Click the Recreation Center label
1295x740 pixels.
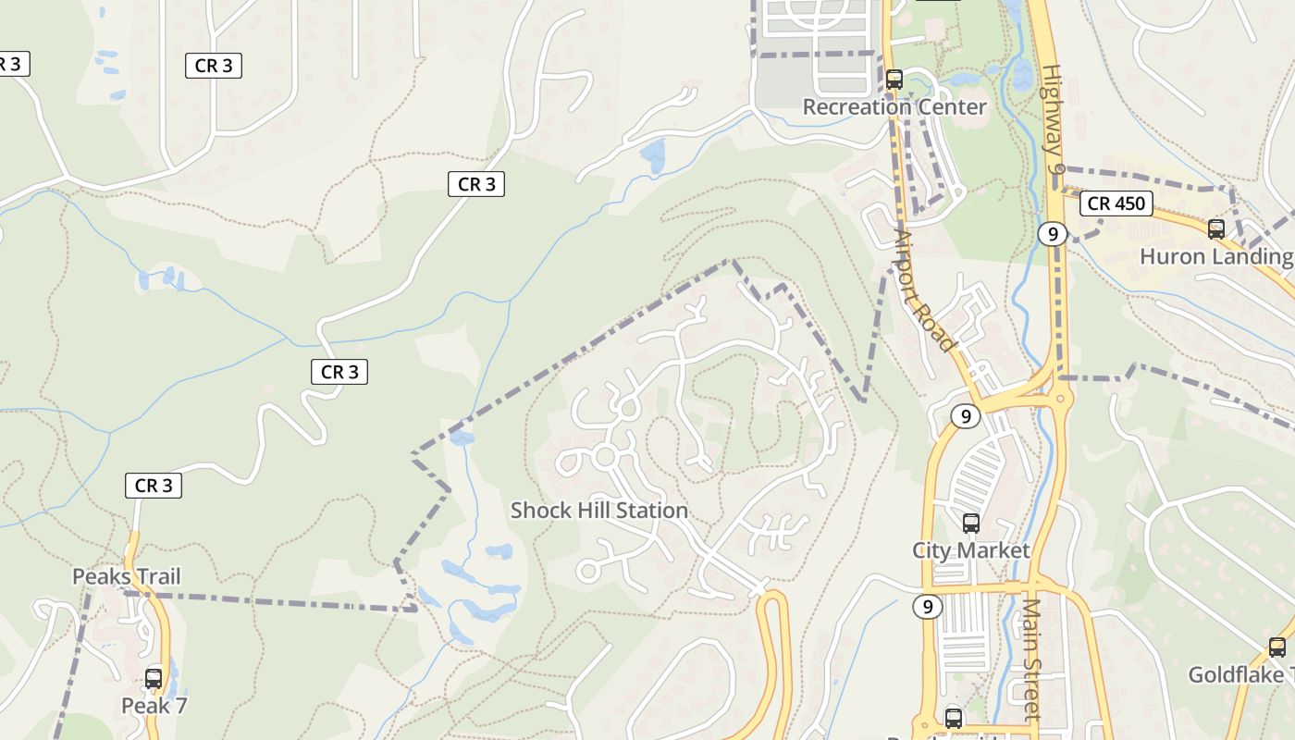894,106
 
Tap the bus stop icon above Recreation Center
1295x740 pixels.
894,80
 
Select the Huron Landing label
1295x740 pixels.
1215,256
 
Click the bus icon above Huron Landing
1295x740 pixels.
1216,228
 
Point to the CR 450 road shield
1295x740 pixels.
1116,203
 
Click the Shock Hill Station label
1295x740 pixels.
598,510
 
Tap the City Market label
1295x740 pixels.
970,550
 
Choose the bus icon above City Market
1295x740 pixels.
970,524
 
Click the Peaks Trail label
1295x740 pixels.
127,576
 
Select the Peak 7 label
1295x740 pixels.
154,706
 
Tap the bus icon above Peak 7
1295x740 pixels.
154,679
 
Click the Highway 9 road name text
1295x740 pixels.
1054,120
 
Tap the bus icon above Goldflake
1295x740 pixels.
1277,647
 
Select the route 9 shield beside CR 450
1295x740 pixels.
1053,234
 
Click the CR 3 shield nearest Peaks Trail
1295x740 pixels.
154,486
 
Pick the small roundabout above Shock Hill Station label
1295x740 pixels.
605,455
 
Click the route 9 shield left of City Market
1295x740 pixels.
927,607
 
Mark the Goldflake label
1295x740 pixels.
1239,674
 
